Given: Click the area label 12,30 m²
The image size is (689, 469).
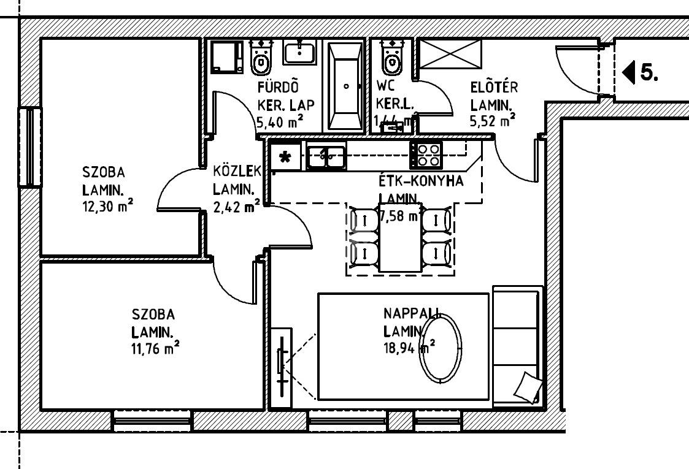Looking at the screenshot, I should [108, 206].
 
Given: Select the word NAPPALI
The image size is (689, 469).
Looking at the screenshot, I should [412, 313].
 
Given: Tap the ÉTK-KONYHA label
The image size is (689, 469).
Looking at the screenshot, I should [421, 181].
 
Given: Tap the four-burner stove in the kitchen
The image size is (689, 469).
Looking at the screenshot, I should [426, 154].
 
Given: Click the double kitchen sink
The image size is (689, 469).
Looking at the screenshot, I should [326, 156].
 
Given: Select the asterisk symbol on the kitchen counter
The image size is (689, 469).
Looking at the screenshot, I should [285, 157].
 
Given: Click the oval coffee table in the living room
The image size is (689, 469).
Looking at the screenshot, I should [441, 347].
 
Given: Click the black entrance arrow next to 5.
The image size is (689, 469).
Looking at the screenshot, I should [628, 72].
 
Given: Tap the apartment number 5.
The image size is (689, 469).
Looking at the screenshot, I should [649, 72].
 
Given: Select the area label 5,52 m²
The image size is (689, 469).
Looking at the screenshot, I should [492, 121].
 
